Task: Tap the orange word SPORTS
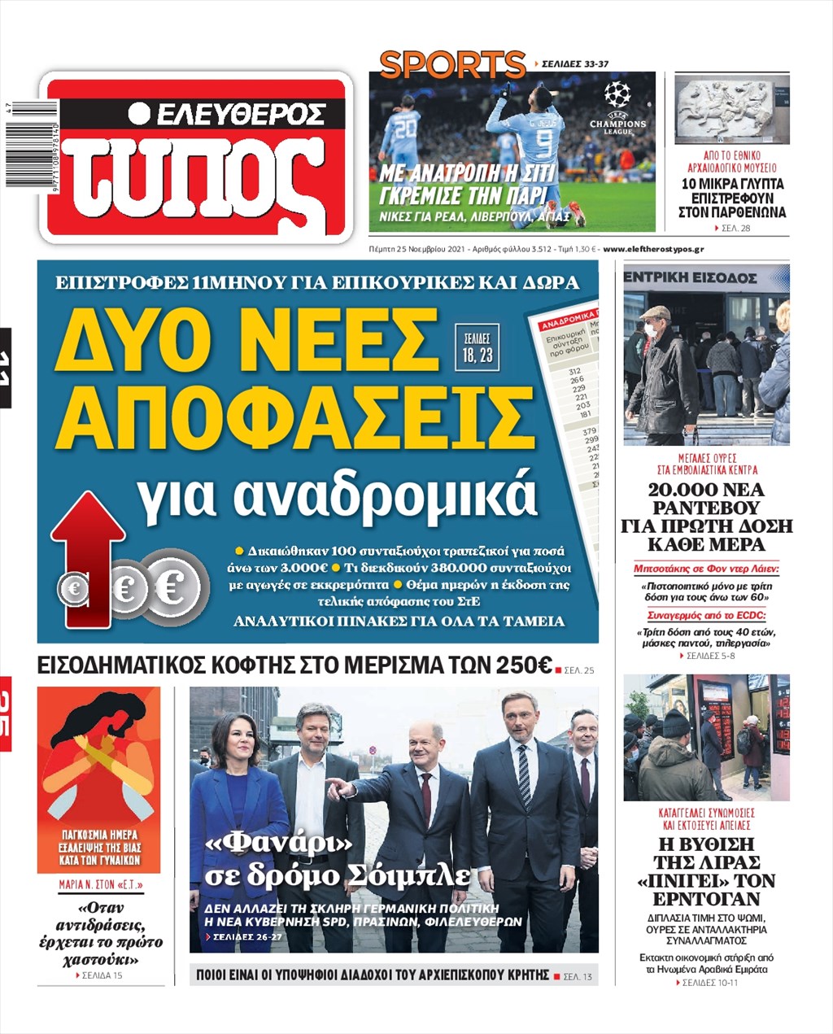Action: (x=452, y=64)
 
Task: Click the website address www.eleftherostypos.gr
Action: (x=654, y=249)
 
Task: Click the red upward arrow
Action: (x=87, y=553)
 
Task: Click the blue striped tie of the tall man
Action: (x=524, y=774)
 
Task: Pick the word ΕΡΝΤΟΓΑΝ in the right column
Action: (x=706, y=899)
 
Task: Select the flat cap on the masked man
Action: (x=654, y=312)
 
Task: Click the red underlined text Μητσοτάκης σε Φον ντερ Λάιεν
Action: (x=706, y=569)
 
